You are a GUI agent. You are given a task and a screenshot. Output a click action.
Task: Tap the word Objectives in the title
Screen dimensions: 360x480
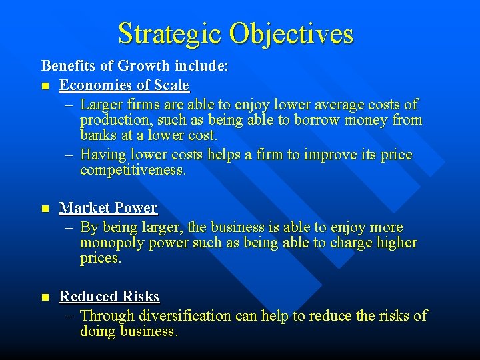291,33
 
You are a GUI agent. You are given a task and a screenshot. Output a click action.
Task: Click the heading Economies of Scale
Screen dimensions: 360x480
124,85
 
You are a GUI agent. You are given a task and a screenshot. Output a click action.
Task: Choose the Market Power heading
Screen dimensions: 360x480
108,208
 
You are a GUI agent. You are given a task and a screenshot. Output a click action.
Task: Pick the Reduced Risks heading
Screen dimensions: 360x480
109,296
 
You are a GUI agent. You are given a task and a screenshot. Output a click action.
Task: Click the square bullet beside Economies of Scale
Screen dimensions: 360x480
45,86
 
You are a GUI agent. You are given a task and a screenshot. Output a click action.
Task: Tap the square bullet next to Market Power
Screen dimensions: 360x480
45,209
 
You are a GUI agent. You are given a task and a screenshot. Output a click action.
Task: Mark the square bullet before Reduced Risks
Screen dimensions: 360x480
45,297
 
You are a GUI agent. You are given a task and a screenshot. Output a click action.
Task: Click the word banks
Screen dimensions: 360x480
99,135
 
